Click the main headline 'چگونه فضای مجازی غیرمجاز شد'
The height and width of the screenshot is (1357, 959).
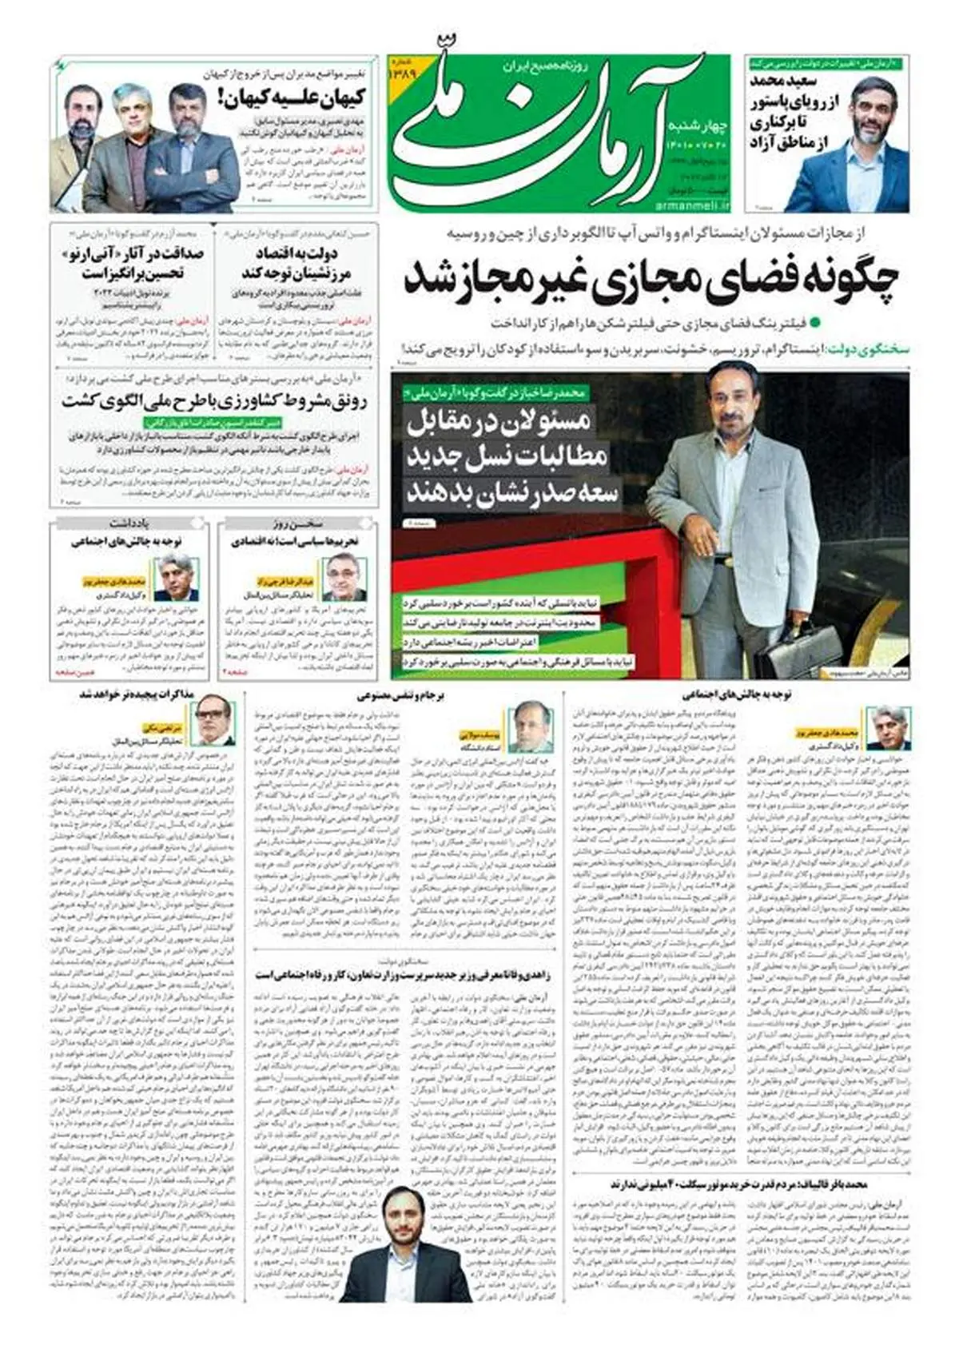651,277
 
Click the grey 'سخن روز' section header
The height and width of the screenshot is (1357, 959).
296,524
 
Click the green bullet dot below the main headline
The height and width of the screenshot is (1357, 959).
814,323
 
